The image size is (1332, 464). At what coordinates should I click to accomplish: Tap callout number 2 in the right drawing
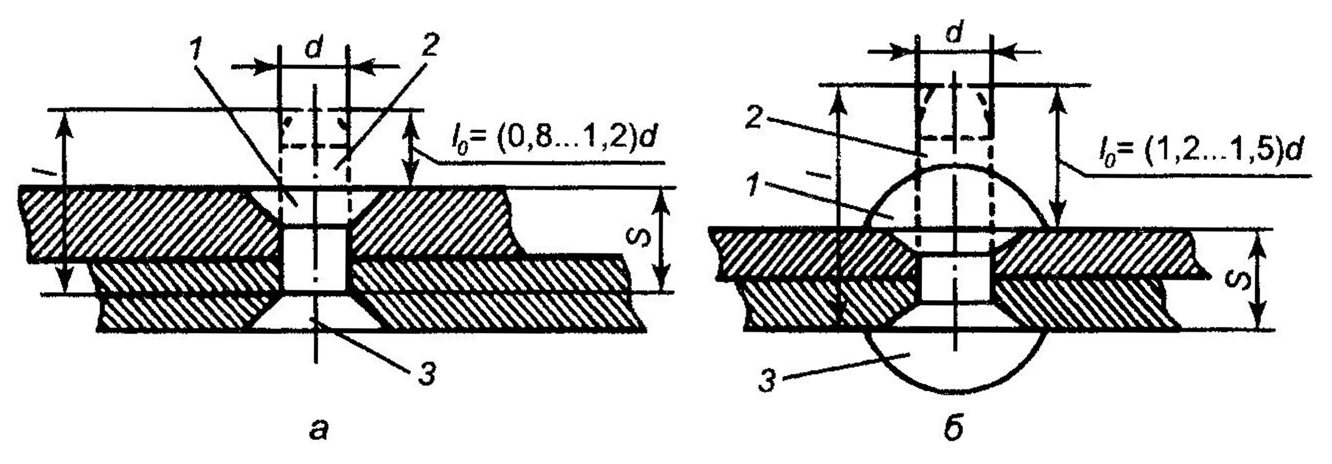pyautogui.click(x=756, y=120)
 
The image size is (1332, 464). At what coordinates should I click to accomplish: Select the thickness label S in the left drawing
pyautogui.click(x=637, y=239)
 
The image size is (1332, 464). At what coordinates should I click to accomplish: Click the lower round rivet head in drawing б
pyautogui.click(x=956, y=362)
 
